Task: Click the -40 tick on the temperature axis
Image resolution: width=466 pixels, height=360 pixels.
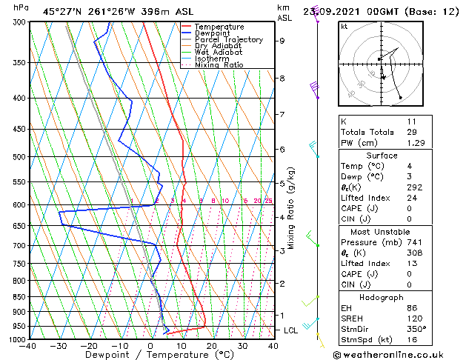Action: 28,346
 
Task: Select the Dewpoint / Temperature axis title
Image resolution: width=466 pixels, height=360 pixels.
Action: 150,355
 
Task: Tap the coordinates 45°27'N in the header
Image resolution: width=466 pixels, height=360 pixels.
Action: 63,11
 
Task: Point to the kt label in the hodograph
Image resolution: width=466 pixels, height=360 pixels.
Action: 344,27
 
